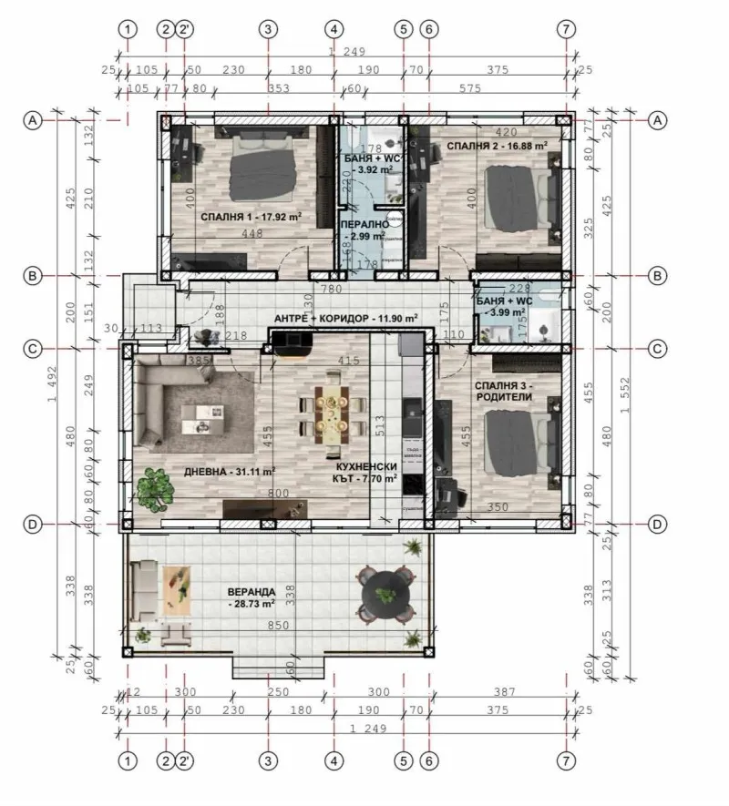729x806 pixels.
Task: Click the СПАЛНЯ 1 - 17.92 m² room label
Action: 251,217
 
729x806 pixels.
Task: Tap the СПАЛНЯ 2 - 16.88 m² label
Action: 498,145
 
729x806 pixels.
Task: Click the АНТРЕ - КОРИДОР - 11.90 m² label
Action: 346,319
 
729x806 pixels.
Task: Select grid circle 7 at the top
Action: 566,28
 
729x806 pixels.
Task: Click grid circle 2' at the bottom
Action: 185,760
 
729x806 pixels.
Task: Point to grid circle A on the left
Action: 33,120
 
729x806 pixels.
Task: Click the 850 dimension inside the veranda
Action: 278,626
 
